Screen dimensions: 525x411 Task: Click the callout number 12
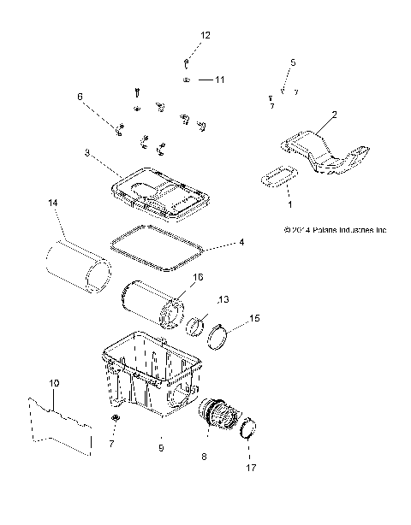pos(205,35)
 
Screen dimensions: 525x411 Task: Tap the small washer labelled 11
pos(185,80)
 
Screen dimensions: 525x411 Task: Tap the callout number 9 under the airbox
pos(160,446)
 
